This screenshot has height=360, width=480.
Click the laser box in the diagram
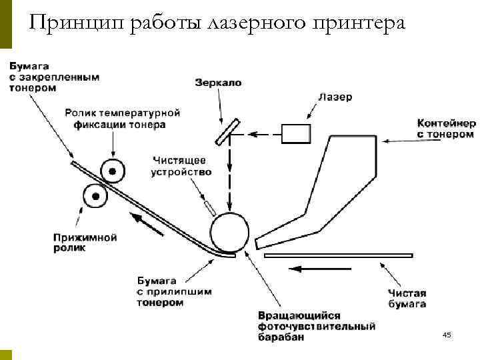pos(295,133)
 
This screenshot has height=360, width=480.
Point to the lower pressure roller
pos(95,197)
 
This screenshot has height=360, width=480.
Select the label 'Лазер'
pos(335,97)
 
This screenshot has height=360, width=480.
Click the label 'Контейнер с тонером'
pos(446,129)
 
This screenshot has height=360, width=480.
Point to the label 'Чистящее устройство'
pos(181,166)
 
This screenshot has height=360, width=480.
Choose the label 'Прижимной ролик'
pos(85,242)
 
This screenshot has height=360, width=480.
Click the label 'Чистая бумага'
pos(407,299)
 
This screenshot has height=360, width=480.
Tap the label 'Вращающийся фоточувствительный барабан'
pos(315,327)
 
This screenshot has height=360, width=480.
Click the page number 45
pos(446,335)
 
